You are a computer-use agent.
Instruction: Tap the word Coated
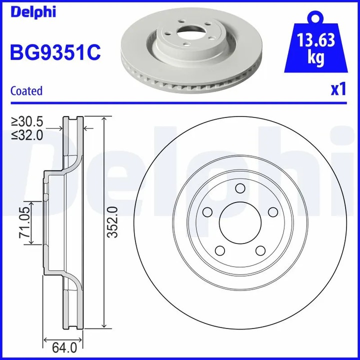[x=26, y=91]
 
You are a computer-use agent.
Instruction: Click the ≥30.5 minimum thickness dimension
[x=28, y=121]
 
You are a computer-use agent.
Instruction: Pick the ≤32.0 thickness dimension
[x=28, y=134]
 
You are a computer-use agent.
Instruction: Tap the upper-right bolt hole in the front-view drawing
[x=272, y=212]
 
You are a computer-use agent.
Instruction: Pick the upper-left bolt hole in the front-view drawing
[x=206, y=212]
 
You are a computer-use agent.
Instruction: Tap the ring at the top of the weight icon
[x=315, y=17]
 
